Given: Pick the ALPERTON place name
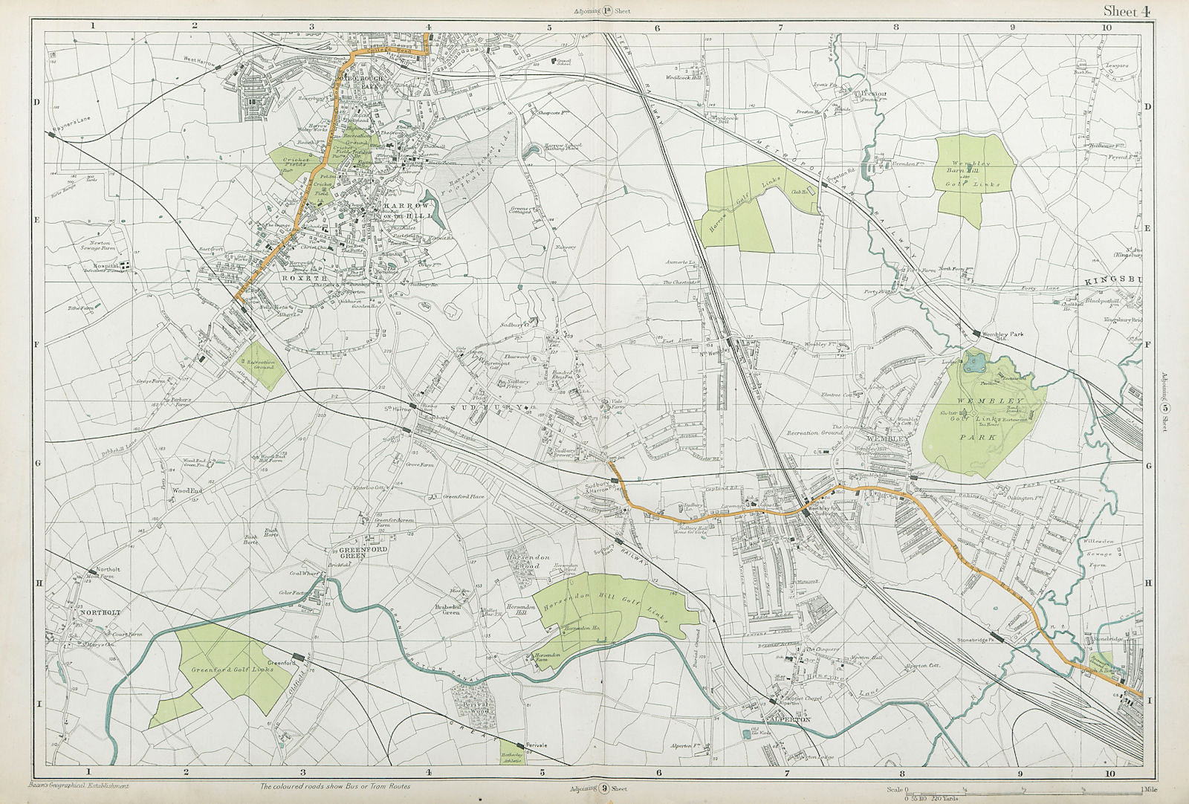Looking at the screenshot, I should pyautogui.click(x=787, y=721).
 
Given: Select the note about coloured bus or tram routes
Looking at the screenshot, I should pyautogui.click(x=334, y=786).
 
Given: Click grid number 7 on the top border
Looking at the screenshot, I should pyautogui.click(x=781, y=27).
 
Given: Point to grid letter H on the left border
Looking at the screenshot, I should pyautogui.click(x=39, y=583).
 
